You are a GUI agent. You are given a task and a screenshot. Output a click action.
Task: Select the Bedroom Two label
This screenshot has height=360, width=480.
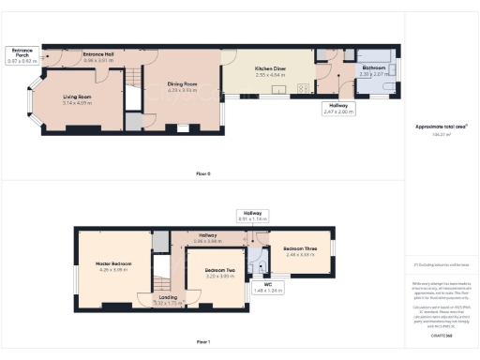[218, 272]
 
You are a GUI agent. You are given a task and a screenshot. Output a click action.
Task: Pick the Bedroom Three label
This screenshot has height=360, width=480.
[300, 250]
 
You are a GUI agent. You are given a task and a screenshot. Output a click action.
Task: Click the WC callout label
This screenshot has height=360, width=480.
[266, 286]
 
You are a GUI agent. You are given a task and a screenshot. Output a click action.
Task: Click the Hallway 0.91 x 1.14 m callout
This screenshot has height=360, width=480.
[252, 215]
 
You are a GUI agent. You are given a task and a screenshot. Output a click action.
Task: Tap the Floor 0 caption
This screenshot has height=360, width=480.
[202, 174]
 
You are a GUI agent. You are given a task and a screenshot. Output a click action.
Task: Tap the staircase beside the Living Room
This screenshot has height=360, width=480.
[134, 94]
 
